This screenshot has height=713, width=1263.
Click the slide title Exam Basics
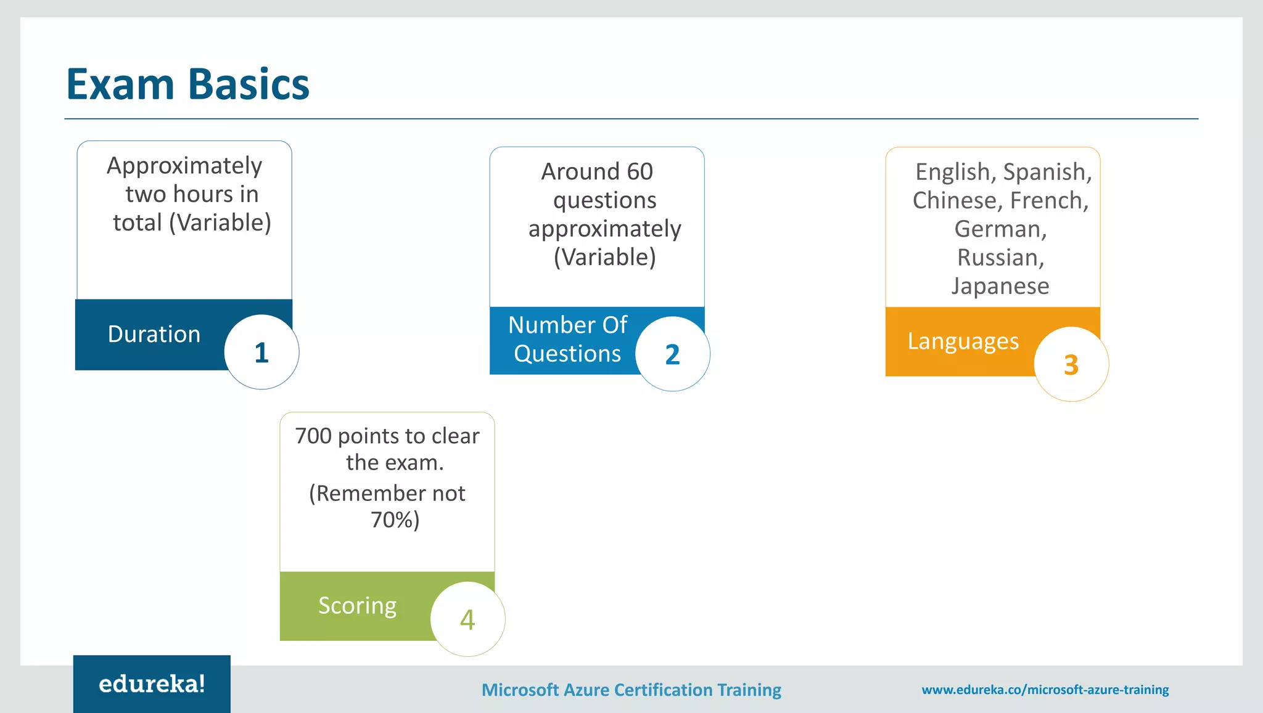pos(187,84)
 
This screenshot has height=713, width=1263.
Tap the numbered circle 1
pos(261,352)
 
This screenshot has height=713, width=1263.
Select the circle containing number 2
pos(672,354)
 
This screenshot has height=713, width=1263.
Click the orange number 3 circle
pos(1071,364)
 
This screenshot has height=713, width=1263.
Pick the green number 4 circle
pos(467,619)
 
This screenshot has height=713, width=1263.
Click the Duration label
pos(154,334)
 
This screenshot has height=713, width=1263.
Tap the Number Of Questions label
pos(567,339)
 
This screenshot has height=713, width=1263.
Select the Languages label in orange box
pos(963,341)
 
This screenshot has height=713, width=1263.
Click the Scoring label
pos(357,606)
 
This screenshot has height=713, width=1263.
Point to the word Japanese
pos(1000,286)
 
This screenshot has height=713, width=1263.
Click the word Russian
pos(1000,258)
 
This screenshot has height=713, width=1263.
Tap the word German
pos(1000,229)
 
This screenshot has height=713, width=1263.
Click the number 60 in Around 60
pos(640,171)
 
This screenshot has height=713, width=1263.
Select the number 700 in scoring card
pos(313,436)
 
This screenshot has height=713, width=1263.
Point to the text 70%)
pos(395,519)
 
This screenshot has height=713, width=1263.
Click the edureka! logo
pos(152,684)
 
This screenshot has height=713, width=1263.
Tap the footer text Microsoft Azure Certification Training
pos(631,690)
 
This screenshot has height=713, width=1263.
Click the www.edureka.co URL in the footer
pos(1045,690)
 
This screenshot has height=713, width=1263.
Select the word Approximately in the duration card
pos(184,166)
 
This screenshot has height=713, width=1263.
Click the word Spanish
pos(1046,172)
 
